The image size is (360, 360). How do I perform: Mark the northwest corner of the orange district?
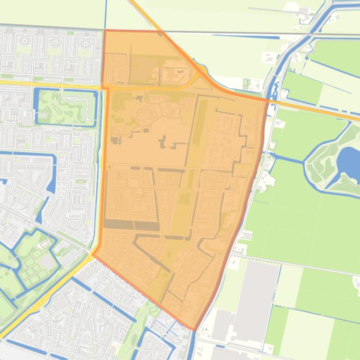pyautogui.click(x=104, y=31)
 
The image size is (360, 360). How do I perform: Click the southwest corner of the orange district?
pyautogui.click(x=93, y=255)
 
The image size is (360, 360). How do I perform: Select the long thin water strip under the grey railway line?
pyautogui.click(x=243, y=36)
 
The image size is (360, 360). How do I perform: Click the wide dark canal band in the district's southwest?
pyautogui.click(x=131, y=225)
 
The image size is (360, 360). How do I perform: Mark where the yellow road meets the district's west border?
pyautogui.click(x=104, y=87)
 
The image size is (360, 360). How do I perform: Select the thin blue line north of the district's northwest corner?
pyautogui.click(x=106, y=14)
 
